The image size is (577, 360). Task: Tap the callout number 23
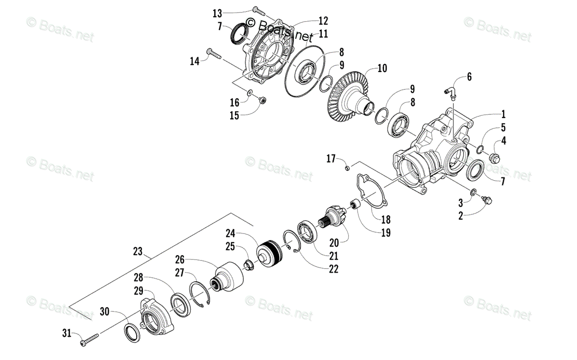tap(138, 250)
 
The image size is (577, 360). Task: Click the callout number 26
tap(180, 259)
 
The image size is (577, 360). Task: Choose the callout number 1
tap(503, 114)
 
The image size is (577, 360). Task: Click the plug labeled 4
tap(494, 157)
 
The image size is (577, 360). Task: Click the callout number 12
tap(323, 21)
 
